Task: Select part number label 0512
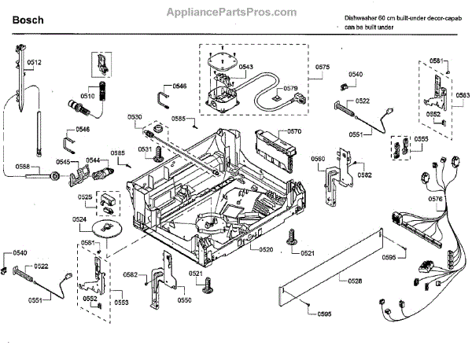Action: tap(34, 62)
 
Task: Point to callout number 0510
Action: tap(87, 97)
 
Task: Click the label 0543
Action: tap(245, 68)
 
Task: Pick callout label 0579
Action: tap(291, 89)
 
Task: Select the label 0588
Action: tap(23, 166)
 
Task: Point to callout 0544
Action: tap(92, 160)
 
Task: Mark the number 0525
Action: tap(85, 197)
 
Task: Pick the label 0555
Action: tap(421, 139)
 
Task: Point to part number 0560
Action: tap(318, 159)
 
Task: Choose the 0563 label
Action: tap(463, 94)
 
